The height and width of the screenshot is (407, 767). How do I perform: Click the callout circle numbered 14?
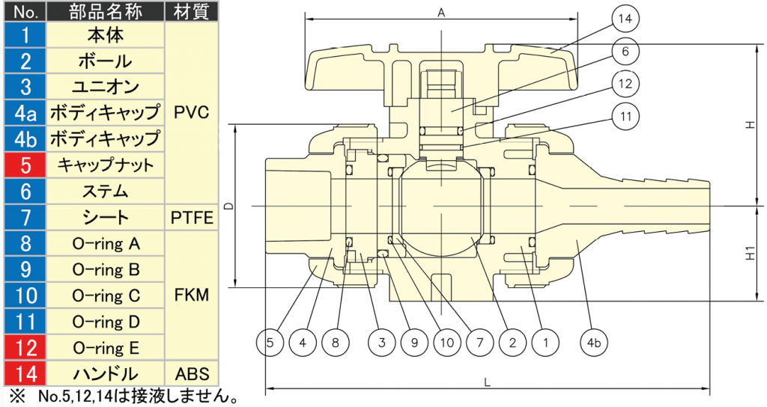[625, 19]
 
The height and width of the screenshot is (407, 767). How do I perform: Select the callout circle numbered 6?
[625, 52]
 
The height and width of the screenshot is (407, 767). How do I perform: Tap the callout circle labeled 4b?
[593, 343]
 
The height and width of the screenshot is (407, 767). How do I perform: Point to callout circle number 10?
[447, 343]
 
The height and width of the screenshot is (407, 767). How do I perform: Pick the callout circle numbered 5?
[270, 343]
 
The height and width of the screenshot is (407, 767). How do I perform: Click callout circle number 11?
[625, 117]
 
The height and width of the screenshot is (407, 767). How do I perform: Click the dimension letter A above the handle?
[441, 13]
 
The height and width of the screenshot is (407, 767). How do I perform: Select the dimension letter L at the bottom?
[487, 382]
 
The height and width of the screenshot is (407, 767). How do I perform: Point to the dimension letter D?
[229, 206]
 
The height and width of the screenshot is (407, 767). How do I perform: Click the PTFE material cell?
[192, 218]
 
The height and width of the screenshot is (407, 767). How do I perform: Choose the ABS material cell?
[192, 374]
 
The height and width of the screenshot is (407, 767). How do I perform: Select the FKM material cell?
[192, 295]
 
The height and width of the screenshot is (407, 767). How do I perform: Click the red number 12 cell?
[25, 348]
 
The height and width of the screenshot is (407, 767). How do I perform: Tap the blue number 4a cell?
[25, 113]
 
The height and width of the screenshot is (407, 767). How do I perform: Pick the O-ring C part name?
[106, 296]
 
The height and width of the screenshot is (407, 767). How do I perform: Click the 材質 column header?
[192, 12]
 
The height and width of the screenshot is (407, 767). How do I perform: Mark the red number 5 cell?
[25, 165]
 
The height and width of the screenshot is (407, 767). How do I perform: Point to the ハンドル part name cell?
[105, 374]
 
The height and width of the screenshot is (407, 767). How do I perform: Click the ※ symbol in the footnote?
[17, 395]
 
